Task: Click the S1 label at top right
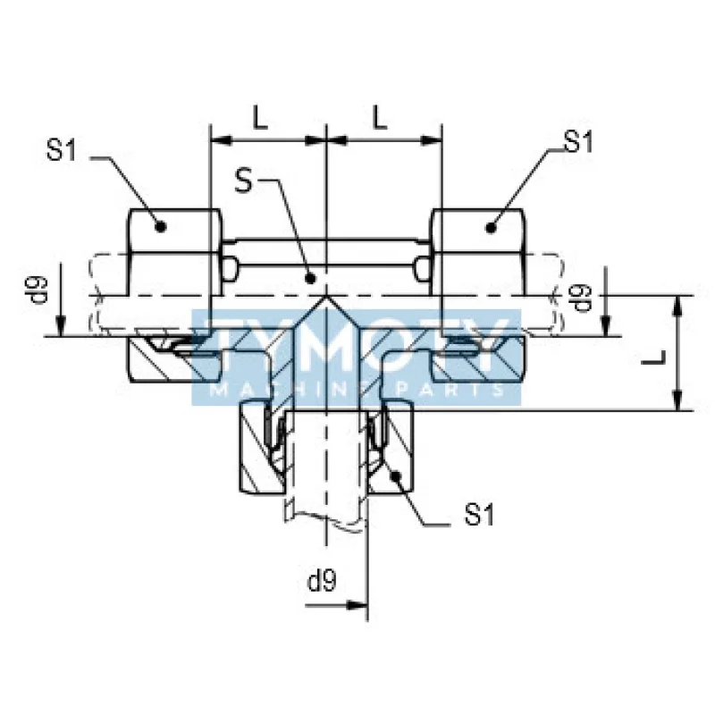pyautogui.click(x=578, y=141)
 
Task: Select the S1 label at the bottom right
pyautogui.click(x=479, y=515)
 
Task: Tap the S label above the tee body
pyautogui.click(x=243, y=181)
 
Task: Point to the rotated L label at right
pyautogui.click(x=654, y=357)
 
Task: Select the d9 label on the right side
pyautogui.click(x=583, y=298)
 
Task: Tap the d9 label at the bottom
pyautogui.click(x=322, y=580)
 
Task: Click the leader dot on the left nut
pyautogui.click(x=161, y=227)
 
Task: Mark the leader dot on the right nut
pyautogui.click(x=491, y=227)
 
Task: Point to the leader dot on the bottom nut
pyautogui.click(x=395, y=475)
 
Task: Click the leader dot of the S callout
pyautogui.click(x=310, y=278)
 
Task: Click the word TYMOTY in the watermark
pyautogui.click(x=356, y=346)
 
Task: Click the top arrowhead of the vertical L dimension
pyautogui.click(x=679, y=307)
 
